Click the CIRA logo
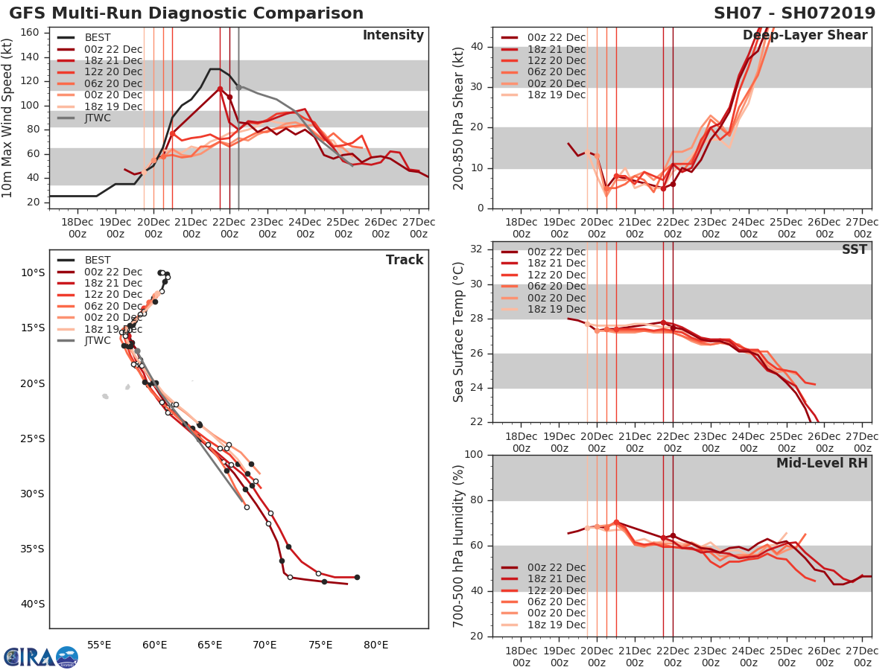pos(40,657)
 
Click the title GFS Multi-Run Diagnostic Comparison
pos(186,13)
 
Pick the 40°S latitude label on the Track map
pos(32,604)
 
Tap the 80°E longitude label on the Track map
pos(375,645)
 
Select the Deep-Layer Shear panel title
pos(805,36)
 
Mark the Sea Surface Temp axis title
pos(459,331)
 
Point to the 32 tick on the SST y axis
pos(477,249)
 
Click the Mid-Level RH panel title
pos(822,463)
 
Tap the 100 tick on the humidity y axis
pos(474,454)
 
